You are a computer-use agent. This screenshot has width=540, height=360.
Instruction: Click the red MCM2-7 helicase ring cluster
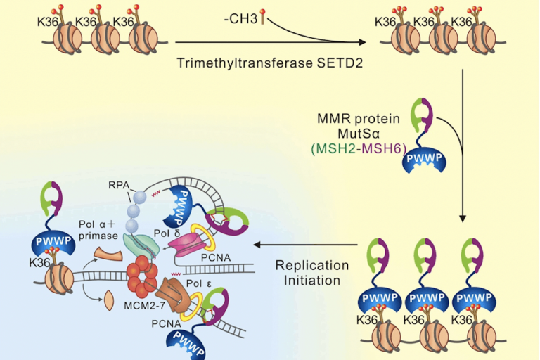[143, 274]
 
